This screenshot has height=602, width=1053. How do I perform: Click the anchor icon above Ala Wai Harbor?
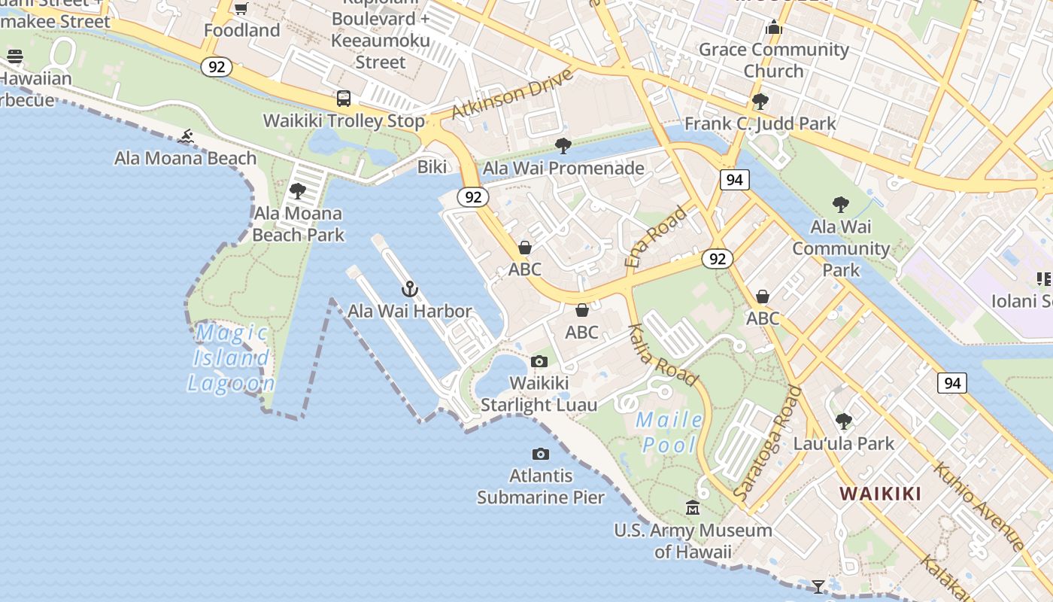click(x=409, y=289)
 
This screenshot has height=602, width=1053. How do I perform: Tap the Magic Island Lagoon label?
click(x=231, y=358)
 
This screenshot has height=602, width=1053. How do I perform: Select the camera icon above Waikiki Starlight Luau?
click(x=539, y=362)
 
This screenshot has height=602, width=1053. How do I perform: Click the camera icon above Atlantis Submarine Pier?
click(x=540, y=454)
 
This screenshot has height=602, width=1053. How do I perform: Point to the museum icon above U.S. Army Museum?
click(x=693, y=508)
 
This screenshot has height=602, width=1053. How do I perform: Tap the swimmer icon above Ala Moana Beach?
click(x=187, y=137)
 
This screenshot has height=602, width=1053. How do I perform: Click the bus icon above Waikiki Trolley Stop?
click(x=344, y=99)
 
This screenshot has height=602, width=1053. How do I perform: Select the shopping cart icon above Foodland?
click(x=241, y=9)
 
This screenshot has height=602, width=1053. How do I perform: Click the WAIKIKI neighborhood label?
click(x=880, y=494)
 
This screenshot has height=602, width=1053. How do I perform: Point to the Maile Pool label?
click(x=669, y=433)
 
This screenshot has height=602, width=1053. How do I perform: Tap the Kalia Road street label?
click(x=663, y=354)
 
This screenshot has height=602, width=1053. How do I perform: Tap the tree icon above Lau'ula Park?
click(x=844, y=421)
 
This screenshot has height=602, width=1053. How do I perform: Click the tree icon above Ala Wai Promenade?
click(x=563, y=146)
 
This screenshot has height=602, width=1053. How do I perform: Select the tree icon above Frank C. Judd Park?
click(x=760, y=101)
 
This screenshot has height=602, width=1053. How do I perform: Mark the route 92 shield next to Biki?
click(x=473, y=197)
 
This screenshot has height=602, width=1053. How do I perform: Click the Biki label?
click(x=432, y=167)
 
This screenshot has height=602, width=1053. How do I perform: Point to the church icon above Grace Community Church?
click(x=773, y=29)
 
